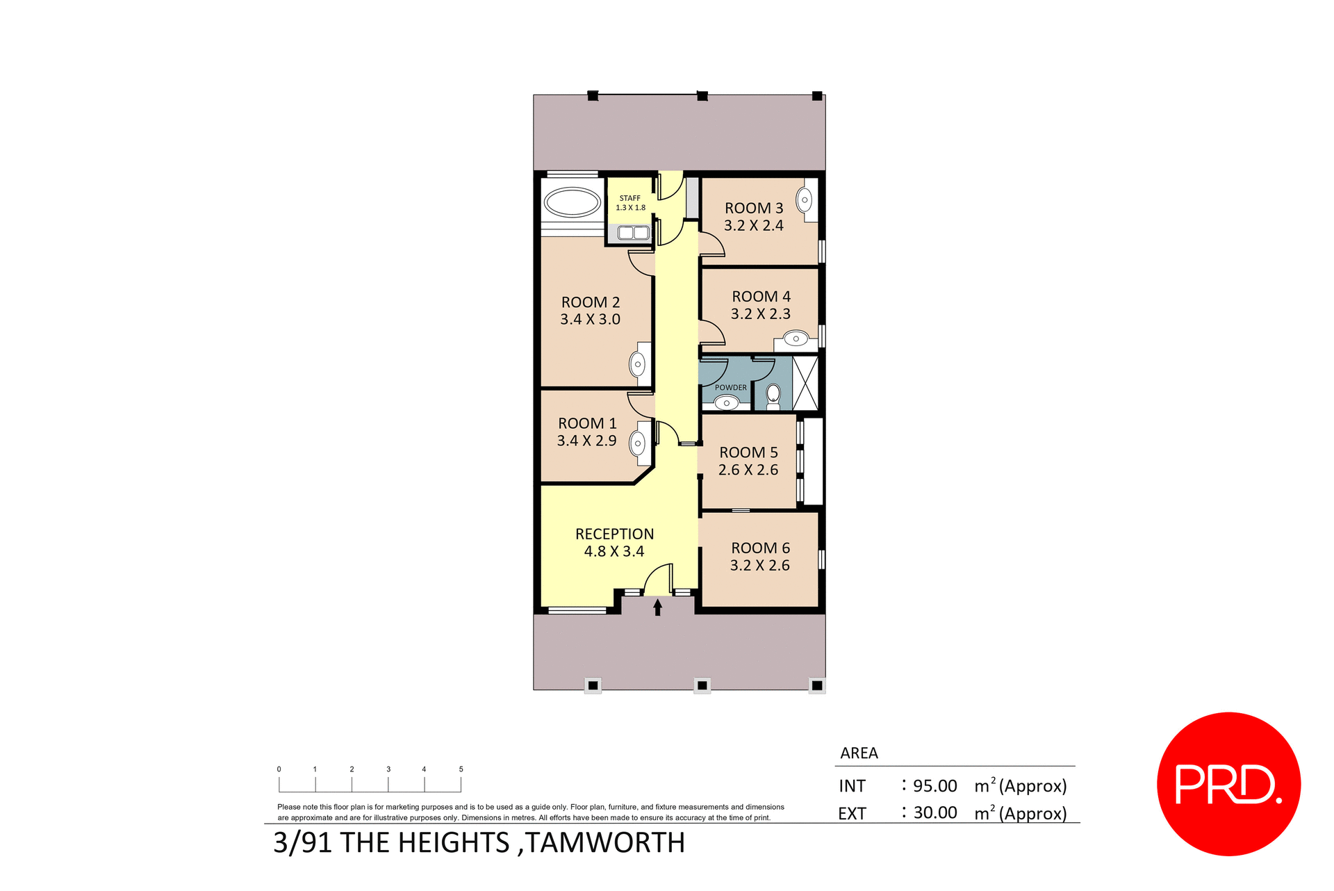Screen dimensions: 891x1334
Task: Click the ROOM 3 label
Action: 754,209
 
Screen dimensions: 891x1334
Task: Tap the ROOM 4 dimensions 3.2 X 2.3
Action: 761,314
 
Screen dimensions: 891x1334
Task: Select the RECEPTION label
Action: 614,534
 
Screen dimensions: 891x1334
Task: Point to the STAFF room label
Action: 630,198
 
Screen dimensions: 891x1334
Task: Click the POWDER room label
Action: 731,388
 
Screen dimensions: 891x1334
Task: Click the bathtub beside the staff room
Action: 573,203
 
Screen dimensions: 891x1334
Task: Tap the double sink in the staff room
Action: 633,233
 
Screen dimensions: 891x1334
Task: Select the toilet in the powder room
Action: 773,396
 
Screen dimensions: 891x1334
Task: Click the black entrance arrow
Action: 657,607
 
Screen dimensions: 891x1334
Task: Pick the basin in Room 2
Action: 638,364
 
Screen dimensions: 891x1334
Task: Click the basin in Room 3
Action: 805,200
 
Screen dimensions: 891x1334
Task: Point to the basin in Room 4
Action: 796,339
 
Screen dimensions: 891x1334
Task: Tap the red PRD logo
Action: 1228,784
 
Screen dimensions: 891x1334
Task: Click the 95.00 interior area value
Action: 934,786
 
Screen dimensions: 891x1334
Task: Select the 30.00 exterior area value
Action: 935,813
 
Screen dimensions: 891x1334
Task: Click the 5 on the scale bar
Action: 461,769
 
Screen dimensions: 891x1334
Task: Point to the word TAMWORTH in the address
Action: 604,843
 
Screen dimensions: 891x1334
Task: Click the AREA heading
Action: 859,753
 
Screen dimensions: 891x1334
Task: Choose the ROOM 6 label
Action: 760,548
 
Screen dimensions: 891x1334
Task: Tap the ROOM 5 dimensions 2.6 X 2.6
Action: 748,471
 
